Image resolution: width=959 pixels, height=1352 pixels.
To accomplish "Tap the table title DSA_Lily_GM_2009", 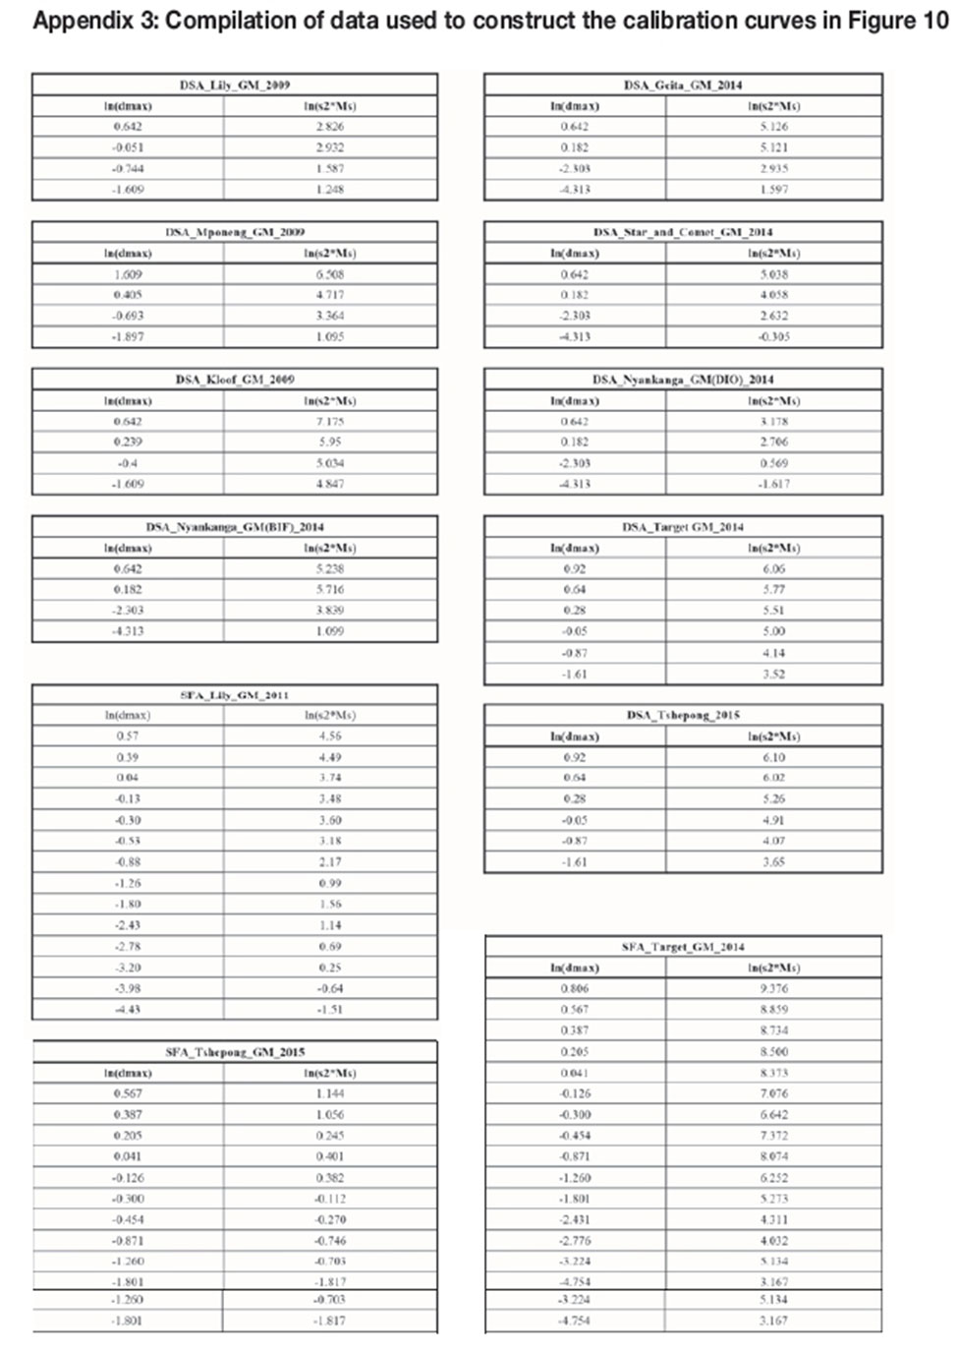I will [x=235, y=85].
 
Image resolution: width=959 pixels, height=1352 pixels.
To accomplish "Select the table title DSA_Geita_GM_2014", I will [x=683, y=85].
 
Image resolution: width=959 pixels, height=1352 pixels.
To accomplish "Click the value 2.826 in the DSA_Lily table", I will [x=330, y=126].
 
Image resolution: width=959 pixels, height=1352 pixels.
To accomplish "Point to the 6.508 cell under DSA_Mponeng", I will [x=330, y=274].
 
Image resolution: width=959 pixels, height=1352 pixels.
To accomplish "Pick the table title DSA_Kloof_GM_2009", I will [x=235, y=379].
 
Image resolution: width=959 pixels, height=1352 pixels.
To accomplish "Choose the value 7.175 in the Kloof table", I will [x=330, y=421].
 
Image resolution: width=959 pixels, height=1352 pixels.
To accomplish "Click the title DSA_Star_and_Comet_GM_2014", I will [x=683, y=232].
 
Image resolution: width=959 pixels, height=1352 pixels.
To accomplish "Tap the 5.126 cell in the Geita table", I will [x=774, y=126].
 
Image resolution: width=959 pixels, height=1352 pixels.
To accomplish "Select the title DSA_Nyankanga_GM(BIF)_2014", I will [x=235, y=526].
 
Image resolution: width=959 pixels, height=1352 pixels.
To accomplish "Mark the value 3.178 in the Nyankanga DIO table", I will [x=774, y=421].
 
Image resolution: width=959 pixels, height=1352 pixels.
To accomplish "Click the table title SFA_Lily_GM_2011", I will [x=235, y=694].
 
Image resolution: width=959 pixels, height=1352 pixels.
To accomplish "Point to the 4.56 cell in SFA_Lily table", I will [x=330, y=735].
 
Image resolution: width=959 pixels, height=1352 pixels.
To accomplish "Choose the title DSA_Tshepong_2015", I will [x=683, y=715].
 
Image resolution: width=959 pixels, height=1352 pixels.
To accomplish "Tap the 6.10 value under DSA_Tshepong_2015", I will [x=774, y=757].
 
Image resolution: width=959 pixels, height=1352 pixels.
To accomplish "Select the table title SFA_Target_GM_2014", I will [x=683, y=947].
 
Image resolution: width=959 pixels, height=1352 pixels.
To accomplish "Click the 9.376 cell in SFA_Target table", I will [x=774, y=988].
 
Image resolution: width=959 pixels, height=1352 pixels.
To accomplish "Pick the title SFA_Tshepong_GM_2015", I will [x=235, y=1051].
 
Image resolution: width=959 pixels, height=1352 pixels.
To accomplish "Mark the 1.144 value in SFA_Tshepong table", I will [x=330, y=1093].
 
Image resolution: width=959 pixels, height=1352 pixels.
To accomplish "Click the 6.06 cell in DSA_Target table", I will [x=774, y=568].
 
